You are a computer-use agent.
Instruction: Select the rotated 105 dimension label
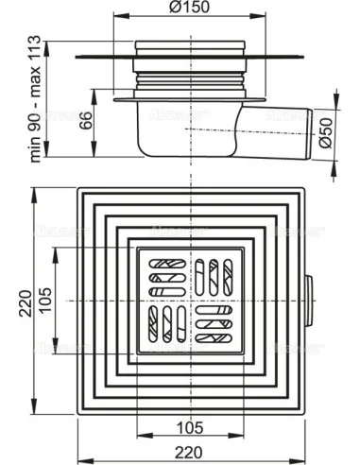[x=44, y=301]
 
